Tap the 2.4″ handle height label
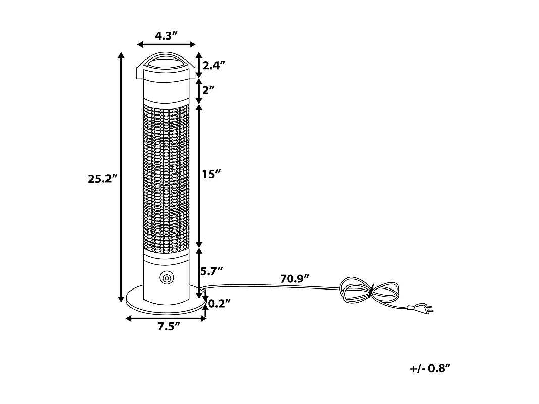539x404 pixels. [214, 65]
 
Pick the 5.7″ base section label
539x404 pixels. [212, 271]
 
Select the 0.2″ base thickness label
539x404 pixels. [220, 303]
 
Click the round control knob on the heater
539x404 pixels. [166, 277]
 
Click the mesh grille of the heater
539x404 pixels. [166, 177]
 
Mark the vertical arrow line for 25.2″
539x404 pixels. [121, 177]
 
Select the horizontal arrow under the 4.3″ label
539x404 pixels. [166, 44]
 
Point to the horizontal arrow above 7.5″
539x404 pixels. [166, 318]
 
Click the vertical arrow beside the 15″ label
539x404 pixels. [199, 174]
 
